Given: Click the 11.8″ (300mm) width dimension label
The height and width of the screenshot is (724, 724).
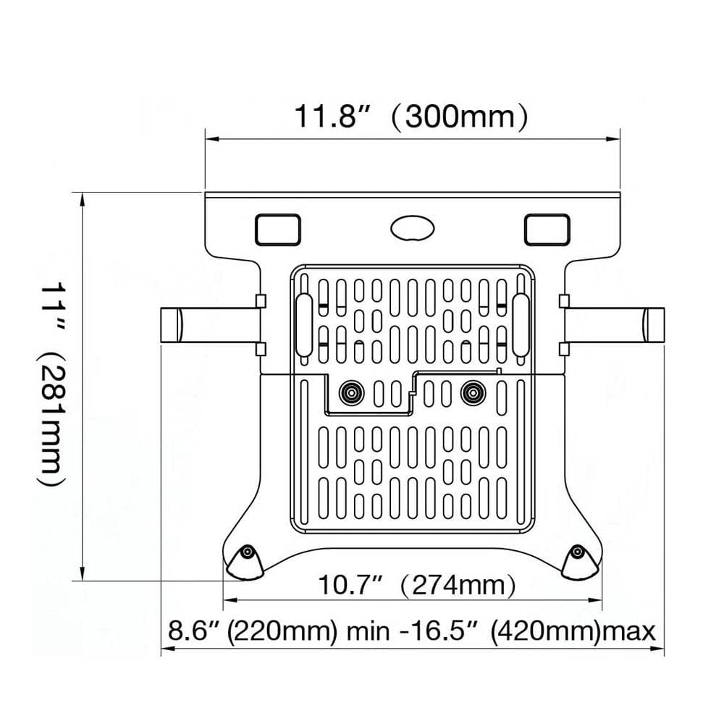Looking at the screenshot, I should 410,116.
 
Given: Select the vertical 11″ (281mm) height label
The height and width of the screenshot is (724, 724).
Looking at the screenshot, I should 53,384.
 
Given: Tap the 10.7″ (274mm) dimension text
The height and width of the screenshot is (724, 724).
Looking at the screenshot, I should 417,585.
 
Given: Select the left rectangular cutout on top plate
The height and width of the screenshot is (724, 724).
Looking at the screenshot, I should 277,229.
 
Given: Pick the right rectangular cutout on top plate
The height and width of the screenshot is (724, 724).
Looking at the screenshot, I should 547,229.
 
